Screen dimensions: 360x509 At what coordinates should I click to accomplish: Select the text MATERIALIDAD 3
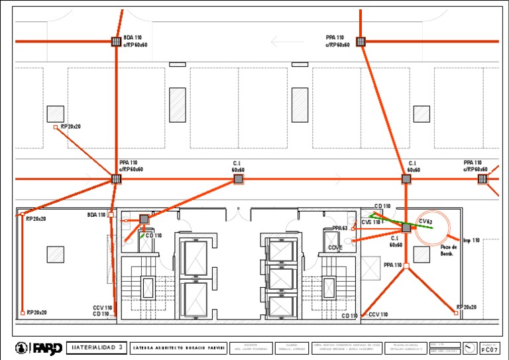click(97, 347)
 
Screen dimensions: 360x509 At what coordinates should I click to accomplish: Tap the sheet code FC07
click(489, 349)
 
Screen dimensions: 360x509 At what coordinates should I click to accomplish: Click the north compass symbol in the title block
click(469, 347)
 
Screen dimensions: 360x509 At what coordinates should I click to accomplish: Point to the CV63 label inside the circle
click(425, 221)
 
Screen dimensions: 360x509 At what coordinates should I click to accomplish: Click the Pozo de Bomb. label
click(449, 250)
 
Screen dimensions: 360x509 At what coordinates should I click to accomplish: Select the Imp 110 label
click(471, 240)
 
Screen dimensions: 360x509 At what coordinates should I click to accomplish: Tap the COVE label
click(335, 247)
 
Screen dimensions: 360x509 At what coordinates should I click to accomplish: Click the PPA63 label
click(340, 228)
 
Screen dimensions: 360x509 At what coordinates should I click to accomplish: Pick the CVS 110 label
click(372, 222)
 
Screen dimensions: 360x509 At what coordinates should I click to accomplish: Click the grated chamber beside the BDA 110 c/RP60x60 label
click(116, 42)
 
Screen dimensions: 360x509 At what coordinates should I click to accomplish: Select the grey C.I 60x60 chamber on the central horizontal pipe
click(239, 179)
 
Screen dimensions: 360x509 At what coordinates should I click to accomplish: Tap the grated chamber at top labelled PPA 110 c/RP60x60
click(361, 42)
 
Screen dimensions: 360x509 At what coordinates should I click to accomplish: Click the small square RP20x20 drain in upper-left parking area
click(56, 127)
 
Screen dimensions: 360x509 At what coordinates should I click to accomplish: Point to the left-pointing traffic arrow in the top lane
click(287, 42)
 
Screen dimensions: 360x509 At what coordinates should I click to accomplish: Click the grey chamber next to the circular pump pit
click(406, 227)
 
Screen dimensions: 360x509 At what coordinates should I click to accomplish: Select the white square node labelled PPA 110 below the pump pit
click(406, 266)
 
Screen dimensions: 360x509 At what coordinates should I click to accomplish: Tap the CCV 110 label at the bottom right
click(378, 314)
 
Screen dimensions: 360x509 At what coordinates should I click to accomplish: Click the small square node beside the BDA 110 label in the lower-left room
click(111, 215)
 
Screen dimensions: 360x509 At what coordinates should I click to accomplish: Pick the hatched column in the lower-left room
click(55, 254)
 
